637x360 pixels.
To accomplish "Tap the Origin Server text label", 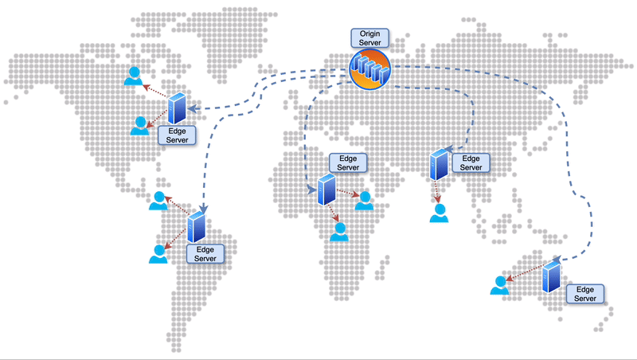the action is point(369,37).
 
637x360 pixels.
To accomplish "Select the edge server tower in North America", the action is point(178,108).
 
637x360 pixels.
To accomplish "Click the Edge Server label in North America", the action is point(175,134).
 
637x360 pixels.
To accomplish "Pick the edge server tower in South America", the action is point(197,227).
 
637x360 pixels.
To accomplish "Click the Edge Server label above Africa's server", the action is point(348,163).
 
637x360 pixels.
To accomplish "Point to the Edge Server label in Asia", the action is point(471,163).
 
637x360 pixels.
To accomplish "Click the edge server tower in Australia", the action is point(550,277).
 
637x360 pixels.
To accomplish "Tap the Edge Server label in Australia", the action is point(585,293).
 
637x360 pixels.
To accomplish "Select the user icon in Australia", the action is point(499,285).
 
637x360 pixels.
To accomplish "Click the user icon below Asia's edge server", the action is point(439,213).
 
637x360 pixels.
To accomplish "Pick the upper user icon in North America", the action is point(134,76).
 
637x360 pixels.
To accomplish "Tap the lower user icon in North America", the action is point(140,126).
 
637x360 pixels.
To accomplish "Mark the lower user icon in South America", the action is point(158,254).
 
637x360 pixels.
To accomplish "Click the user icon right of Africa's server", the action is point(365,201).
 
